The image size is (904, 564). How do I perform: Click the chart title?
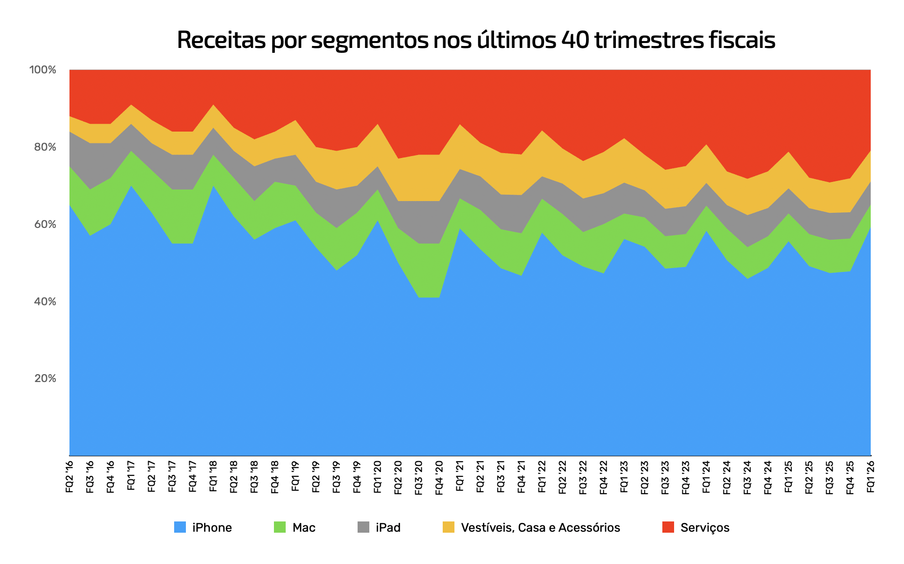point(475,40)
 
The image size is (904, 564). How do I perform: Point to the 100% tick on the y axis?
point(43,70)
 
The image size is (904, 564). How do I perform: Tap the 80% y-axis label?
point(43,147)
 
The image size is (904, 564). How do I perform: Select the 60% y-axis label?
point(43,225)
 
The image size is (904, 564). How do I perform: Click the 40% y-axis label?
point(43,302)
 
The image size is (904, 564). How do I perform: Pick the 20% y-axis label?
point(43,379)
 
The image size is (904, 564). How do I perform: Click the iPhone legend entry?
point(212,528)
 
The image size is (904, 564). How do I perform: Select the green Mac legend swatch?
point(279,527)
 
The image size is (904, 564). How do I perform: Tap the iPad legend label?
point(388,528)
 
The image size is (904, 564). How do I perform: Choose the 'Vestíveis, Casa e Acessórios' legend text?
point(540,528)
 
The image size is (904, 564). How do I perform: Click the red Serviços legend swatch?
point(668,527)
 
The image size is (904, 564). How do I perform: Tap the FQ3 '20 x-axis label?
point(419,477)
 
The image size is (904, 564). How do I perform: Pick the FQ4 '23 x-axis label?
point(686,477)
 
